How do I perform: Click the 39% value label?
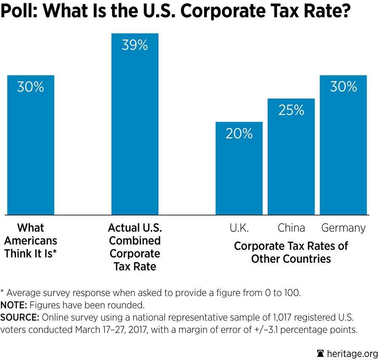(135, 45)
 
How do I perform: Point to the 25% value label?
(291, 110)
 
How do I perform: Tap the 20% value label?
(239, 134)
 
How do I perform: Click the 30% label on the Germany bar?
(343, 87)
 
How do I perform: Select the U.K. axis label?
(239, 228)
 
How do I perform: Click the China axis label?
(291, 228)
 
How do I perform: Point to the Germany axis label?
(343, 228)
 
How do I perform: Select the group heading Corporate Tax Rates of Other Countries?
(291, 252)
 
